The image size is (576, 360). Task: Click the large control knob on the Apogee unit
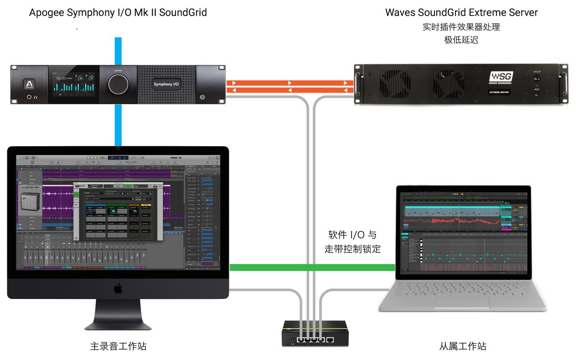(118, 84)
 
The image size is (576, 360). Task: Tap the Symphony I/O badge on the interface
(166, 84)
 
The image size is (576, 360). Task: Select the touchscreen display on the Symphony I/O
(74, 84)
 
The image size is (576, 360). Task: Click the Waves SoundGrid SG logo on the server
(501, 77)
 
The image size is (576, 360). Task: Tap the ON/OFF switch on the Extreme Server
(536, 79)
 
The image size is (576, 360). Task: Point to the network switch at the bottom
(315, 333)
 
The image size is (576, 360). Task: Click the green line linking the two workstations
(312, 268)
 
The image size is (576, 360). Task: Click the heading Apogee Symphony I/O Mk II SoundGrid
(118, 12)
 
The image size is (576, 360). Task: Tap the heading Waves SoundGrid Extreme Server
(461, 12)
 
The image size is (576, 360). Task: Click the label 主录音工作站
(118, 346)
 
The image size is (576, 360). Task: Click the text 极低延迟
(461, 40)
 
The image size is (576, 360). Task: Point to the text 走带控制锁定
(352, 249)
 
